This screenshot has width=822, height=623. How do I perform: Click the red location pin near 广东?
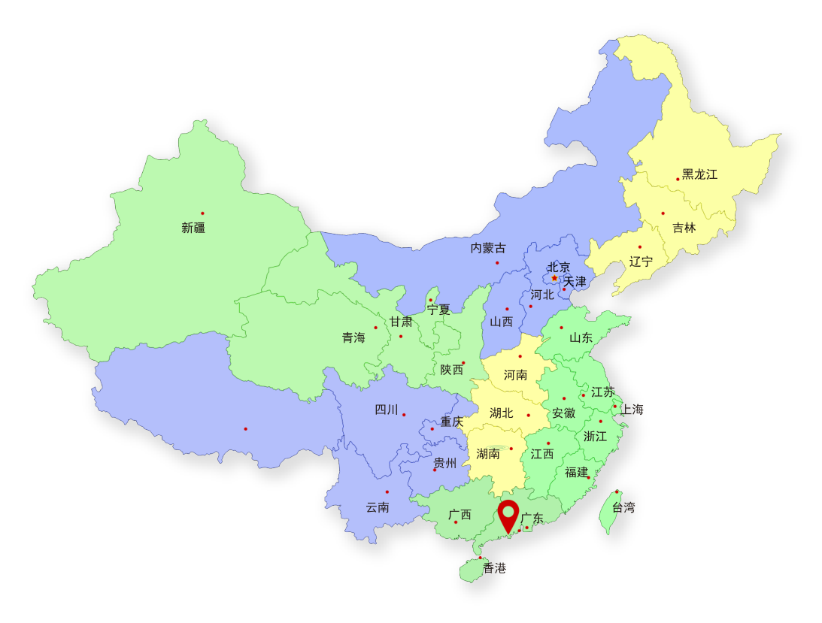click(x=509, y=516)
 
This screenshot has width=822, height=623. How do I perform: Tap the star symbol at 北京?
click(x=555, y=278)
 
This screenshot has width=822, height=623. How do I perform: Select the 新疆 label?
click(x=193, y=228)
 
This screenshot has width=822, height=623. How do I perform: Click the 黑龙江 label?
click(x=699, y=174)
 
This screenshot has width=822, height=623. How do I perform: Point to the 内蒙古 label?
click(x=488, y=248)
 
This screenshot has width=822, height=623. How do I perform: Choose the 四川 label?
click(x=387, y=410)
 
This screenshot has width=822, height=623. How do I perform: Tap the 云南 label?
click(x=378, y=507)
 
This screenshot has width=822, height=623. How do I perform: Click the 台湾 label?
click(x=623, y=507)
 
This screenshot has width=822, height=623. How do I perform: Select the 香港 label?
click(x=495, y=568)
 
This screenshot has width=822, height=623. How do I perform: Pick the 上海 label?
click(x=632, y=410)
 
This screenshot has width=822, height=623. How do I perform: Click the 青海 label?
click(x=353, y=337)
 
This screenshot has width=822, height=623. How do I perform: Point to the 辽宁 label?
click(x=641, y=262)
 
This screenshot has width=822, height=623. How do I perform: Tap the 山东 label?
click(x=581, y=337)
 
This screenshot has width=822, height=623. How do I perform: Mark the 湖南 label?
click(x=488, y=453)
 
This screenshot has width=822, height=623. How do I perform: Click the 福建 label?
click(x=577, y=472)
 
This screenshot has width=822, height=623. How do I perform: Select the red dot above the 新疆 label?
click(x=202, y=213)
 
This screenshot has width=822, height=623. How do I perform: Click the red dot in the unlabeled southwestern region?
click(x=245, y=429)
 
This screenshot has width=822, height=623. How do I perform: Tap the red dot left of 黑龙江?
click(x=678, y=179)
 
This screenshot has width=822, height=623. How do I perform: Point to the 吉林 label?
click(x=684, y=228)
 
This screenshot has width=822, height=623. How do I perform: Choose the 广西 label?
click(x=460, y=515)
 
